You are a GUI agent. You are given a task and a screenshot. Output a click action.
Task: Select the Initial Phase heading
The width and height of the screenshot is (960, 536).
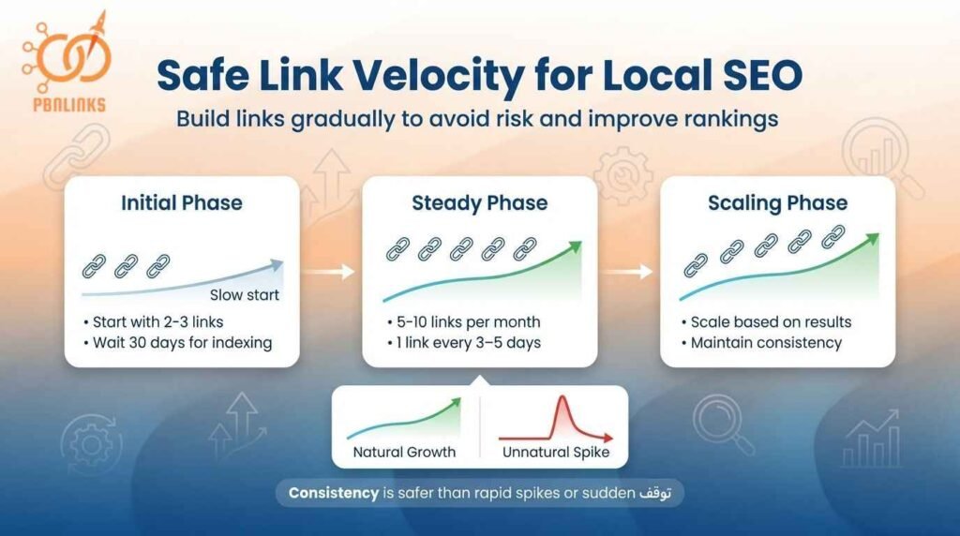point(182,203)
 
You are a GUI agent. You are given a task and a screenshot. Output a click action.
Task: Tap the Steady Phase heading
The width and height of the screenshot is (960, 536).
point(480,203)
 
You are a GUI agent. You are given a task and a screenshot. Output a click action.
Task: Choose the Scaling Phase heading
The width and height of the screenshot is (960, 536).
point(777,203)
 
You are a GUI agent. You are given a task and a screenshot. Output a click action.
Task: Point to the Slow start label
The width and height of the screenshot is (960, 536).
point(244,295)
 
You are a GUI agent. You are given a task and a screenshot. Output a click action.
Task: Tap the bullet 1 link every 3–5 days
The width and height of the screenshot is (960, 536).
point(463,343)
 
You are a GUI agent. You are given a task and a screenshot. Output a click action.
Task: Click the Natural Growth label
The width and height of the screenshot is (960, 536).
point(404,452)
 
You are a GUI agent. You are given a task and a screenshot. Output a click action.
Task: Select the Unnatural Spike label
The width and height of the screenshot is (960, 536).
point(556,452)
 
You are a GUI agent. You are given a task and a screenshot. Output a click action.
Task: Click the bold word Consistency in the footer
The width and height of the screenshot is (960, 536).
point(333,492)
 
